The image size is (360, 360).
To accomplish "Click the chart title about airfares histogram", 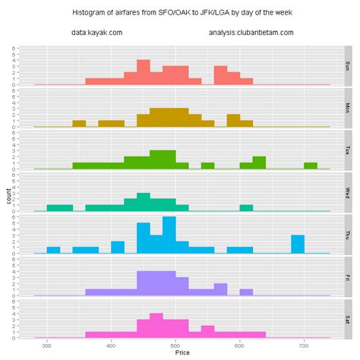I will coord(180,13).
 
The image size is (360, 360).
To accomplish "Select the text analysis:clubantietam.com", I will coord(251,33).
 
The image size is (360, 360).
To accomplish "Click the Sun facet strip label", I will coord(347,65).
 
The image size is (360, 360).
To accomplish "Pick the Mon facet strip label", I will coord(347,108).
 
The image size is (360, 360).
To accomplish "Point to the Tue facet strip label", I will coord(347,150).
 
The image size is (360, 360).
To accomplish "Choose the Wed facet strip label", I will coord(347,192).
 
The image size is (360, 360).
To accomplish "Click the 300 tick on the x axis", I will coord(47,344).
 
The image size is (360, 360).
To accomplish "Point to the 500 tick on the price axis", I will coord(175,344).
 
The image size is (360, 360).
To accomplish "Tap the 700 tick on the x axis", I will coord(304,344).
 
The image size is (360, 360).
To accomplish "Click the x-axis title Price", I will coord(182,353).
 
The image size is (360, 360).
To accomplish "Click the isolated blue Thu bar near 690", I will coord(298,244).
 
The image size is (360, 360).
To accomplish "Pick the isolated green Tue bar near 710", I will coord(311,166).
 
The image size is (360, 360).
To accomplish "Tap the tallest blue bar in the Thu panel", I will coord(169,235).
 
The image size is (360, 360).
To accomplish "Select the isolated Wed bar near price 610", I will coord(246,208).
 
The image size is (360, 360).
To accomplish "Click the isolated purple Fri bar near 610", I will coord(246,292).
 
